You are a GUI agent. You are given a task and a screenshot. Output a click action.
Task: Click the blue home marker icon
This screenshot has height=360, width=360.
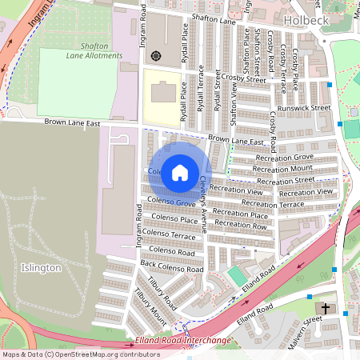pyautogui.click(x=180, y=172)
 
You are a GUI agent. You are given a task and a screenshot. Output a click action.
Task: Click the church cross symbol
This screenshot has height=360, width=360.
pyautogui.click(x=326, y=307)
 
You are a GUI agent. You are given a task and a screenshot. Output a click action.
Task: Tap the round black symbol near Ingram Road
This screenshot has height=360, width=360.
pyautogui.click(x=155, y=56)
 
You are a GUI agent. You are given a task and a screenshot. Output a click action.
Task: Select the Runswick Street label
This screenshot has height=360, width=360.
pyautogui.click(x=303, y=108)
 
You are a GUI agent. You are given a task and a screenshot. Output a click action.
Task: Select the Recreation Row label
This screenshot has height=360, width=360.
pyautogui.click(x=240, y=225)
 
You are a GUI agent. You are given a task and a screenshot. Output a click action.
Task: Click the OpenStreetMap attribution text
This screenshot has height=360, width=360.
pyautogui.click(x=80, y=354)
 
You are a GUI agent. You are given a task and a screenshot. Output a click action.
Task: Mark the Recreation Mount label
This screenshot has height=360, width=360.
pyautogui.click(x=282, y=169)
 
